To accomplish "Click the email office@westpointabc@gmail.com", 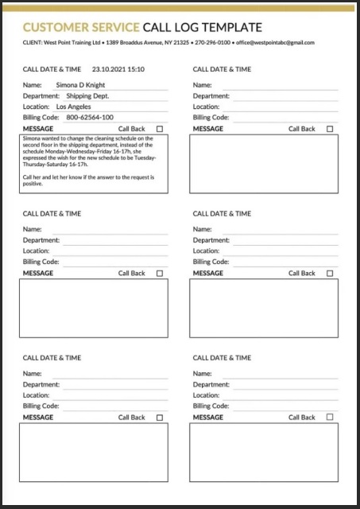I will click(x=275, y=42).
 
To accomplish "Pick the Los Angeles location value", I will click(x=73, y=107).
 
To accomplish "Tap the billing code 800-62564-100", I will click(x=90, y=118).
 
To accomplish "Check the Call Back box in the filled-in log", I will click(x=160, y=129).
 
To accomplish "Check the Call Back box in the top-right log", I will click(x=330, y=129).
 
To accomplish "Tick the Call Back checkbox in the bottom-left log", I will click(x=160, y=418).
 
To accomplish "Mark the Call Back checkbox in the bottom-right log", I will click(x=330, y=418).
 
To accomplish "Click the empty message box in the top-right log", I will click(x=263, y=164).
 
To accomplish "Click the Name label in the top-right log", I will click(x=202, y=84).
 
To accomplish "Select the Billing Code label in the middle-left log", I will click(x=41, y=262).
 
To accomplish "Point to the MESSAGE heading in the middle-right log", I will click(x=208, y=274).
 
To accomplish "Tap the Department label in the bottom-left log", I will click(x=41, y=384).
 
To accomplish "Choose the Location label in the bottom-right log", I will click(x=206, y=395).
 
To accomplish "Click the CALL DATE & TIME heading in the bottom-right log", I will click(x=222, y=358).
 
